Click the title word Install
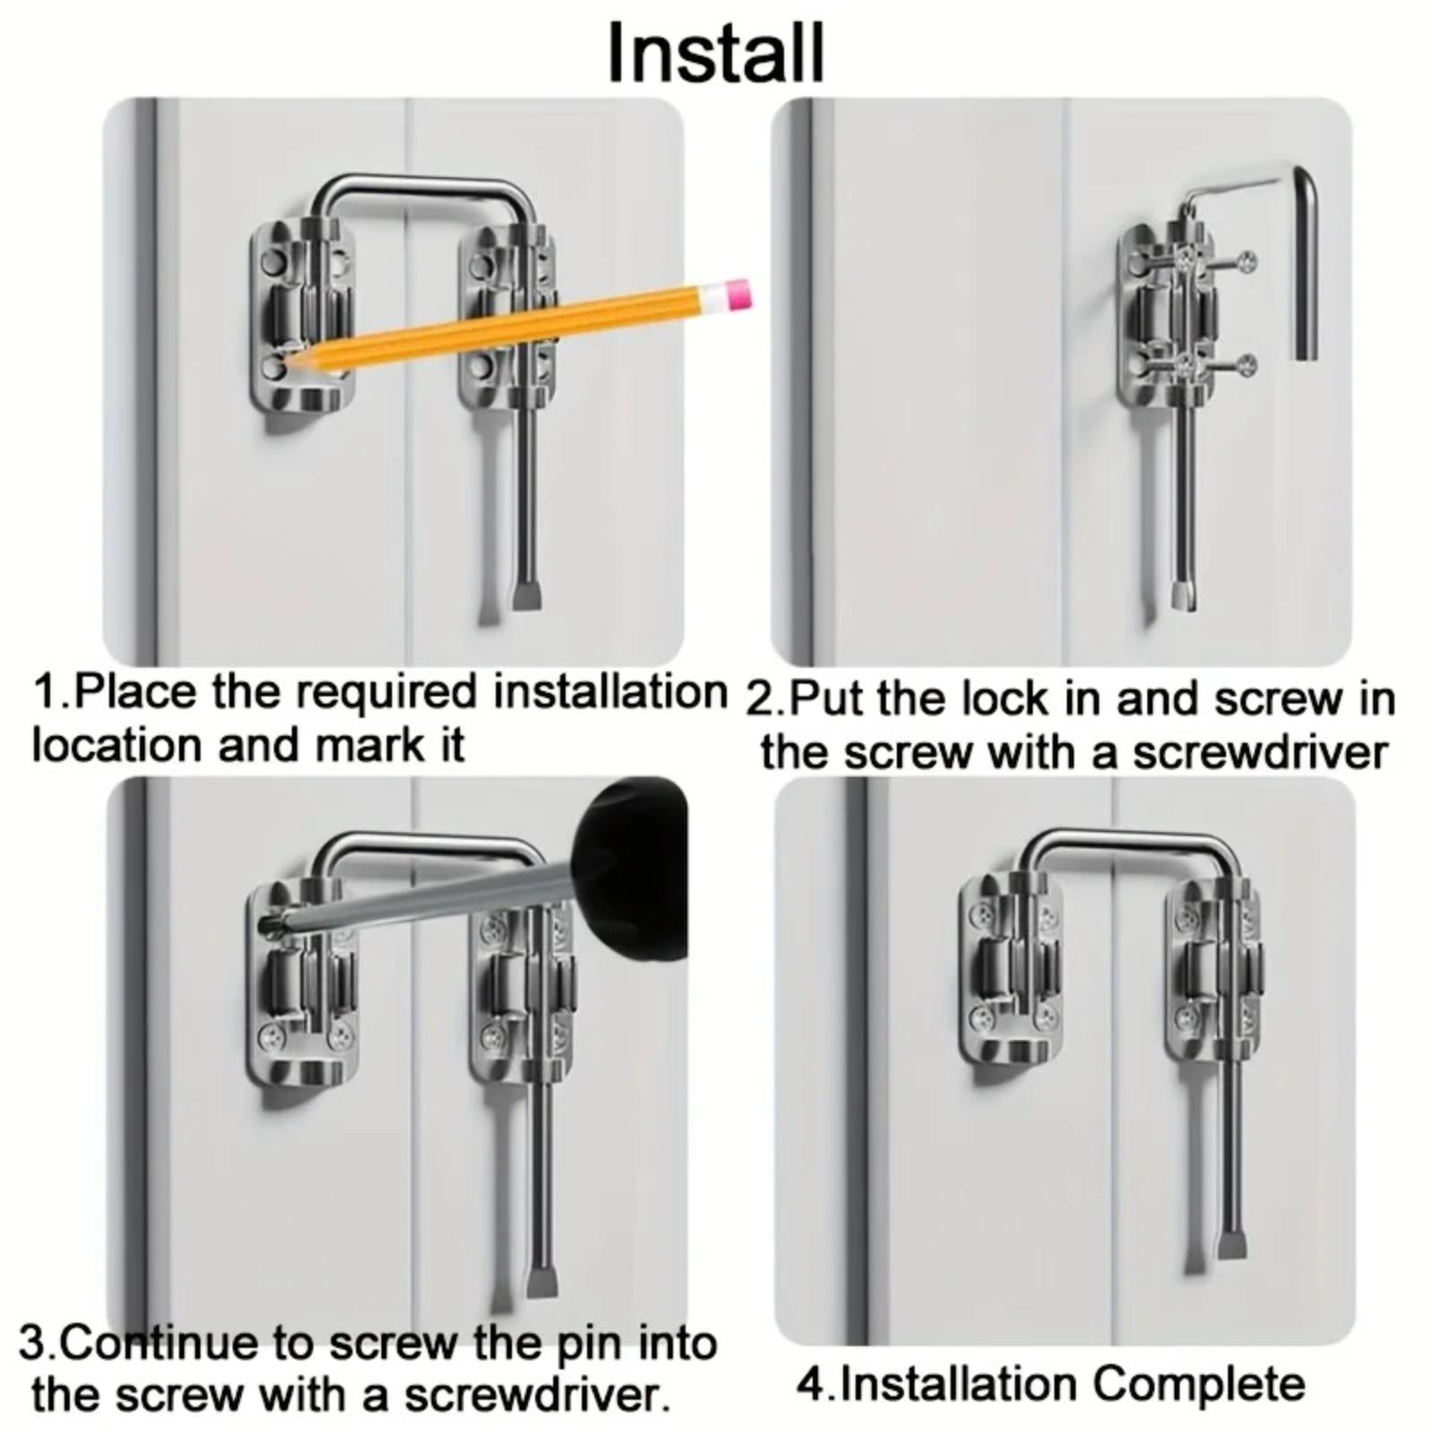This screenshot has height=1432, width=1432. [715, 53]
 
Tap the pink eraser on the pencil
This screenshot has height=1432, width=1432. [738, 294]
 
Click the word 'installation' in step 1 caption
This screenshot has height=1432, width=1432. [611, 691]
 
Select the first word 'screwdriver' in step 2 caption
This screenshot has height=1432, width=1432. [1260, 752]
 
